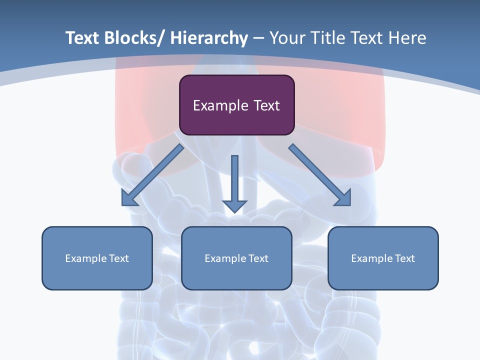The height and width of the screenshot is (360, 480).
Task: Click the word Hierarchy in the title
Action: click(209, 38)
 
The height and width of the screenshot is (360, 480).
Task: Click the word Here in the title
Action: click(408, 38)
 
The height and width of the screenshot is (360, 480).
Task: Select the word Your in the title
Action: click(287, 38)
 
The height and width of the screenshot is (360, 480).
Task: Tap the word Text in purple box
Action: click(266, 105)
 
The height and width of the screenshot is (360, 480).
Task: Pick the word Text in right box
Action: click(404, 258)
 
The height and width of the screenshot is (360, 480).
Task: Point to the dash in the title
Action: click(258, 38)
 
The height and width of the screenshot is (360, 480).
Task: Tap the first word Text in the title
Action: click(82, 38)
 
